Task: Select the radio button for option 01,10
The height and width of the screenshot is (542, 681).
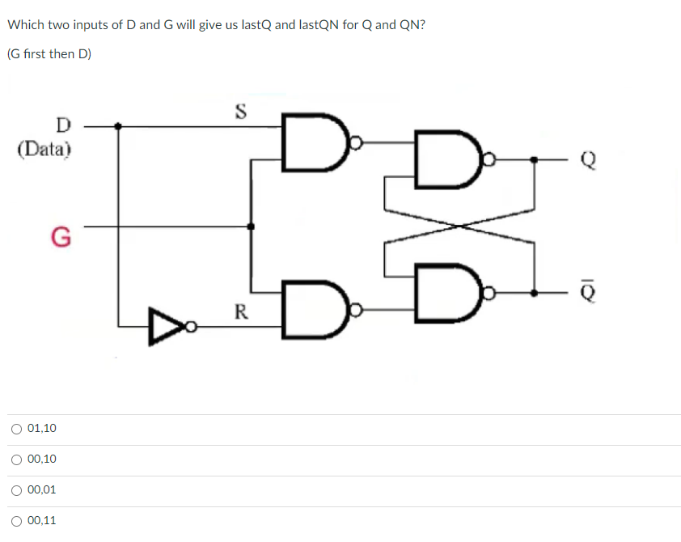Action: pos(17,429)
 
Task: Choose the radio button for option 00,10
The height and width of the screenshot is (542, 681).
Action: pos(17,459)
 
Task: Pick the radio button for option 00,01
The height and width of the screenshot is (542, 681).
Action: pos(17,490)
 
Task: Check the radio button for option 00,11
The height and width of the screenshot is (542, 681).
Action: pos(17,521)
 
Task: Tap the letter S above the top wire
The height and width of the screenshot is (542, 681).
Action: pos(239,111)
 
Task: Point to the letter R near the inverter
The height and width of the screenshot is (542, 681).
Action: pos(240,311)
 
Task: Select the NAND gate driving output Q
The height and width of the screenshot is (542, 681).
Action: pos(444,162)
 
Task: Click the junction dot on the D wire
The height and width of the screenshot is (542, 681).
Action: pos(120,126)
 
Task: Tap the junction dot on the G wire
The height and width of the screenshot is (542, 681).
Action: pos(251,227)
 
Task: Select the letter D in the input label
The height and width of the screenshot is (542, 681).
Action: pos(62,126)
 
